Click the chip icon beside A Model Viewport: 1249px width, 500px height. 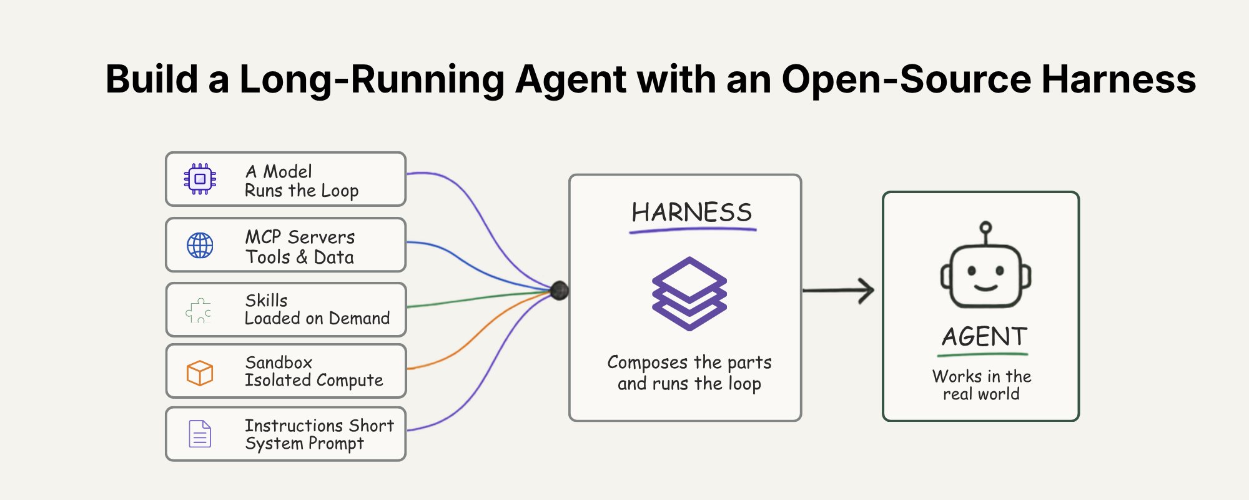coord(200,179)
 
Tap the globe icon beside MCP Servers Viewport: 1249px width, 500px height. coord(200,246)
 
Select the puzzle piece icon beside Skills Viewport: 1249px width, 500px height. coord(199,311)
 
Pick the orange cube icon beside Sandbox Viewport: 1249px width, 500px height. coord(200,373)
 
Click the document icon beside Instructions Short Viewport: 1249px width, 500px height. coord(200,434)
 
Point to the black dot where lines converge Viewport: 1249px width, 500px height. coord(560,291)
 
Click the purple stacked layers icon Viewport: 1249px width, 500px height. coord(689,293)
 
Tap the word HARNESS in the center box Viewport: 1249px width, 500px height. coord(692,212)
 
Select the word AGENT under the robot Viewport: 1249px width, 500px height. coord(984,337)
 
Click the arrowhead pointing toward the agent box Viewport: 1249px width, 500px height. coord(867,291)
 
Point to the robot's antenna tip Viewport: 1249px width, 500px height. coord(985,227)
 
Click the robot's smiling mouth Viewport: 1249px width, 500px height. coord(985,288)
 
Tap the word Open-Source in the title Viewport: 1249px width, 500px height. coord(906,80)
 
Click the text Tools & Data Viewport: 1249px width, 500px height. coord(300,257)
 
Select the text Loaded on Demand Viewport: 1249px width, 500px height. coord(317,318)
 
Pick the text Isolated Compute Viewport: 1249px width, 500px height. coord(314,380)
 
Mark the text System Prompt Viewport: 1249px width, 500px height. coord(305,443)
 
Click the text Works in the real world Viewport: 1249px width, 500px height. coord(982,385)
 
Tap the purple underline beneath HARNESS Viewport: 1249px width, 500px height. coord(693,231)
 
